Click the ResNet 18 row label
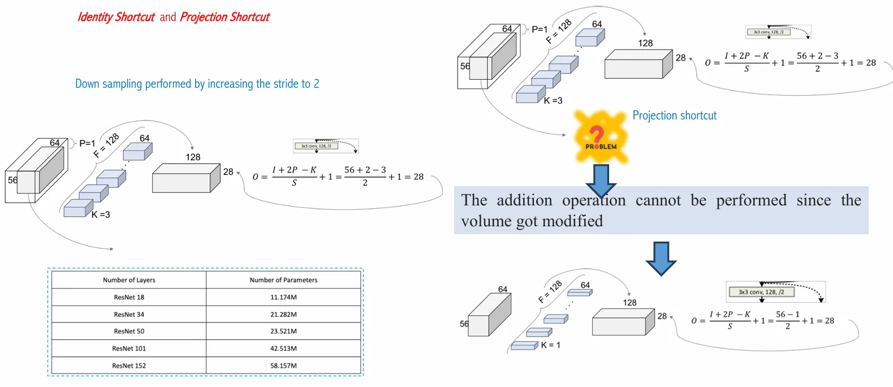tap(129, 297)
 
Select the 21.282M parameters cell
tap(283, 315)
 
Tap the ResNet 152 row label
tap(129, 365)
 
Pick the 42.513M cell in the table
tap(283, 349)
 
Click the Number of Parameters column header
tap(283, 280)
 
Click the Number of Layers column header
tap(129, 280)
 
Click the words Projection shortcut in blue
tap(674, 115)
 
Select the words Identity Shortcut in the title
tap(116, 17)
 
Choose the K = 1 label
tap(550, 345)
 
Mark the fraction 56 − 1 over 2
tap(787, 320)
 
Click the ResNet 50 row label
tap(129, 332)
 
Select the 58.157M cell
tap(283, 365)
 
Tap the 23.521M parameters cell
tap(283, 332)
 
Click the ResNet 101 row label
tap(129, 349)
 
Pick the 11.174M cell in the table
tap(283, 297)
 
